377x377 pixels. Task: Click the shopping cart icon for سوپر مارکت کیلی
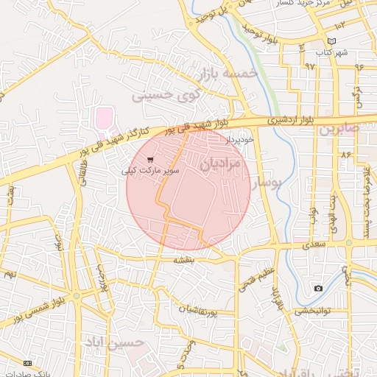151,159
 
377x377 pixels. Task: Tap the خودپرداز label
240,138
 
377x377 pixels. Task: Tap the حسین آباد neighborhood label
113,342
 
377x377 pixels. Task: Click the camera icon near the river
318,288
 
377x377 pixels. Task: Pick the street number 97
309,66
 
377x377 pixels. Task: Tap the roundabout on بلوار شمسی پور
76,296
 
